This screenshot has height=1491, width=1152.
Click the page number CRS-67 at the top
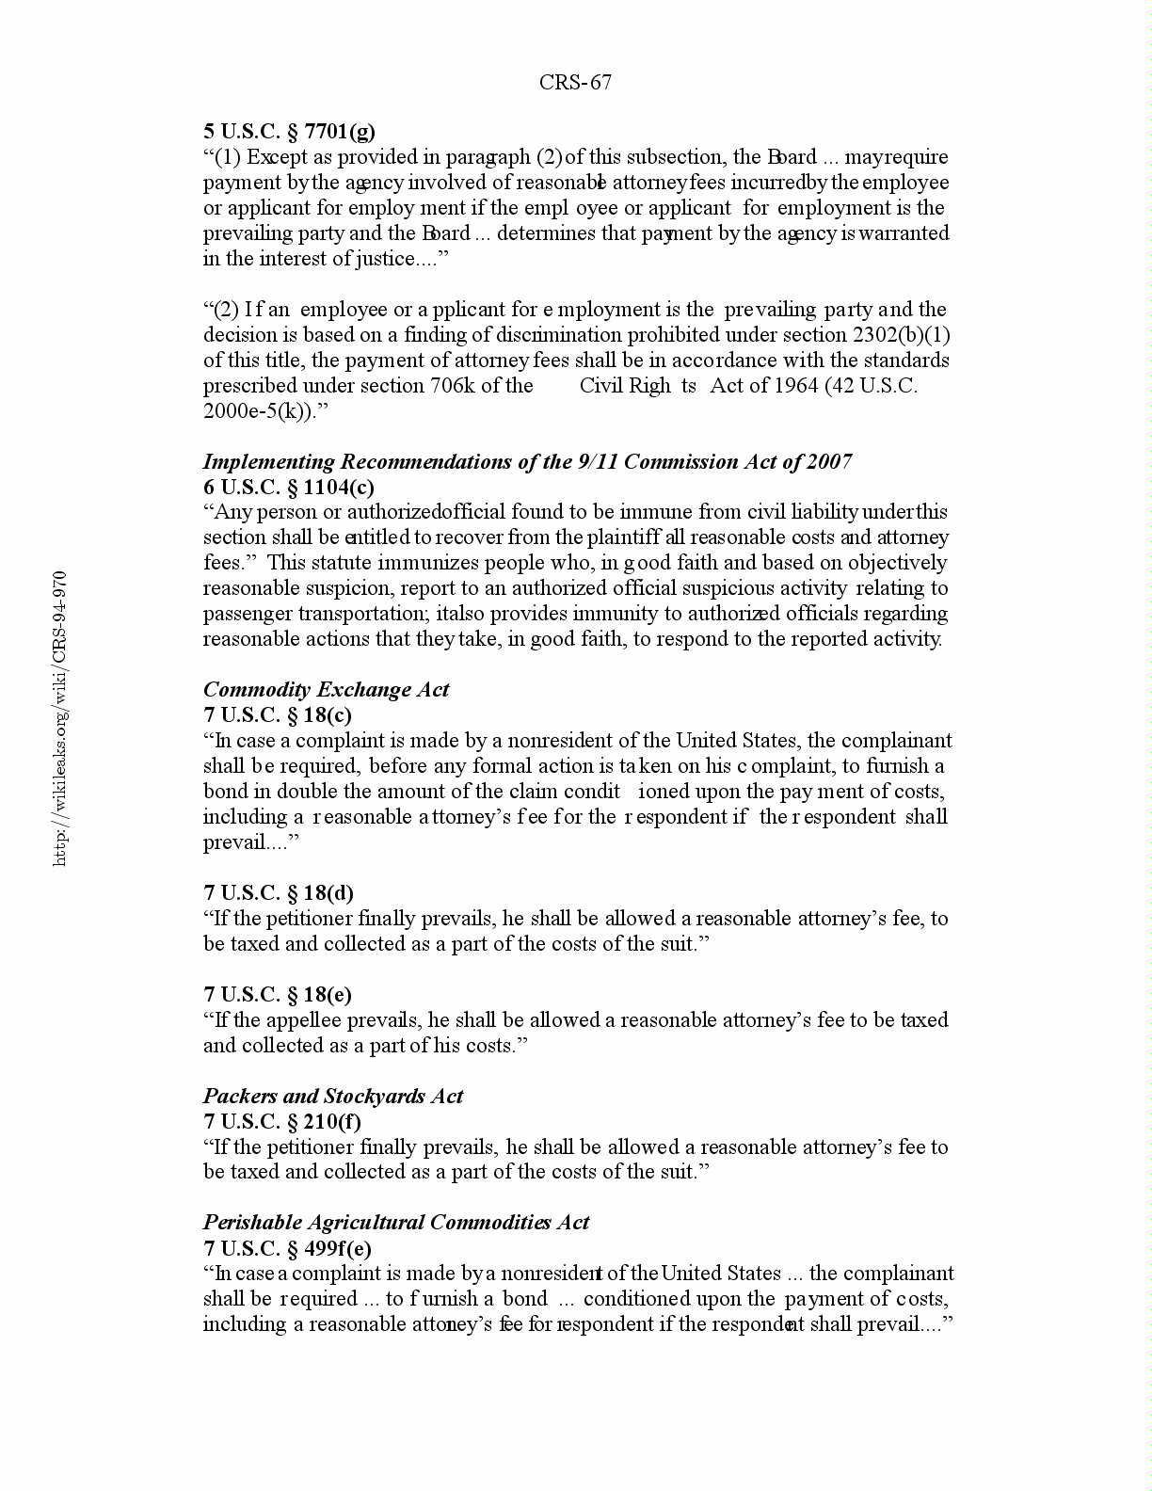point(575,83)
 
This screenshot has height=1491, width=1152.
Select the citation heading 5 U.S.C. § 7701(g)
point(289,132)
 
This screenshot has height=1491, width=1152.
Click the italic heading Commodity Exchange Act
point(326,690)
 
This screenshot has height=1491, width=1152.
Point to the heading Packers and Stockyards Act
point(333,1097)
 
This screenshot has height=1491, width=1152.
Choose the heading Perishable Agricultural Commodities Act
point(396,1223)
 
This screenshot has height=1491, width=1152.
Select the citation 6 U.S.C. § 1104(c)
point(289,488)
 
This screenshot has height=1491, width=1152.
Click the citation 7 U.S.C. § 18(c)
point(278,715)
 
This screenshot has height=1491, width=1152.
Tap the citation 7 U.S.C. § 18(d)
point(279,893)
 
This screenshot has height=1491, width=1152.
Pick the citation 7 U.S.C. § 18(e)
point(278,995)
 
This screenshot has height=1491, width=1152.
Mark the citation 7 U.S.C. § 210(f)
point(282,1122)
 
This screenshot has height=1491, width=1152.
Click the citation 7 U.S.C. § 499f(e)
point(287,1249)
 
